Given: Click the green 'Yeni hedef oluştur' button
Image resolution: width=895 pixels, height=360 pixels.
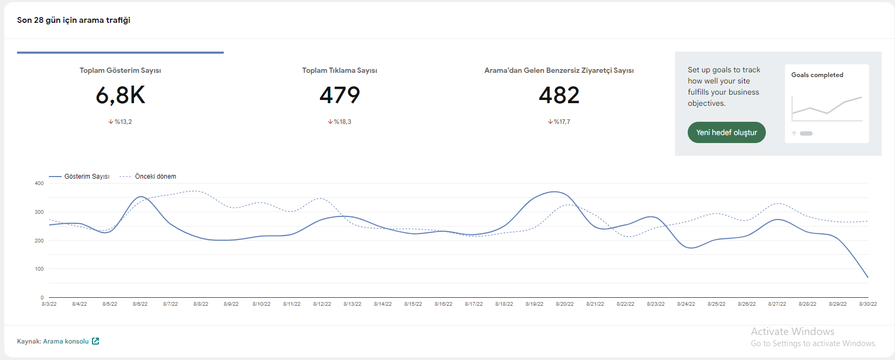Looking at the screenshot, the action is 727,132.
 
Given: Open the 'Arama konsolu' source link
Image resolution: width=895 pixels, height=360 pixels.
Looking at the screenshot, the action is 66,341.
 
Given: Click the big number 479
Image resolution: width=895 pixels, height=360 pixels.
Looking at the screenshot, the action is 340,95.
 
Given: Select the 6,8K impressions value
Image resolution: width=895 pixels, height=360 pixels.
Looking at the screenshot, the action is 120,96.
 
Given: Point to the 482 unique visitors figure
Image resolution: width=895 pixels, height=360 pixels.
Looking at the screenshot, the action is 559,95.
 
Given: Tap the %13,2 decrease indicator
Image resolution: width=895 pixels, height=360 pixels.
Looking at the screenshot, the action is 120,121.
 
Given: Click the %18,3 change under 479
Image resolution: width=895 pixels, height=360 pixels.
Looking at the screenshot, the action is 340,121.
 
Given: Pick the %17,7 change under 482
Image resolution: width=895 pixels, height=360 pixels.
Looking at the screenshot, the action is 559,121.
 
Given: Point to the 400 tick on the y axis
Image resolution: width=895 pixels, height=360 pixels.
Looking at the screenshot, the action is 39,183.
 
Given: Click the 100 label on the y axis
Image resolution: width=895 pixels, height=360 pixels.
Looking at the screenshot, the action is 39,269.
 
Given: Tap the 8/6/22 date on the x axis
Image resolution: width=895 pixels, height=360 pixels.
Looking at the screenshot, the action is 140,304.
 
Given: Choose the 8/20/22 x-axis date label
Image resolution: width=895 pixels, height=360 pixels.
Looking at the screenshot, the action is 564,304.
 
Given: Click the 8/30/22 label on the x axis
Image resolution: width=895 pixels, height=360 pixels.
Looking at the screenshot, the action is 868,304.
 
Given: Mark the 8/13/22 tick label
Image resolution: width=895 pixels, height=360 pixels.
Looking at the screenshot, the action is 352,304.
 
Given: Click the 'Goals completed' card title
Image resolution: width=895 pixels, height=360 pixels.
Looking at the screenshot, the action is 817,75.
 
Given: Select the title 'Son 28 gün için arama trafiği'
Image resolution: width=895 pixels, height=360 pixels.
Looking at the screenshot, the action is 73,20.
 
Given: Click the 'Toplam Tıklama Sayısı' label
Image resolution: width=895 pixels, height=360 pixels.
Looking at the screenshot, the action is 340,70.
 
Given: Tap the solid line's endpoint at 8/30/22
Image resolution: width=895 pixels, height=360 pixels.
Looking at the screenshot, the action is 868,277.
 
